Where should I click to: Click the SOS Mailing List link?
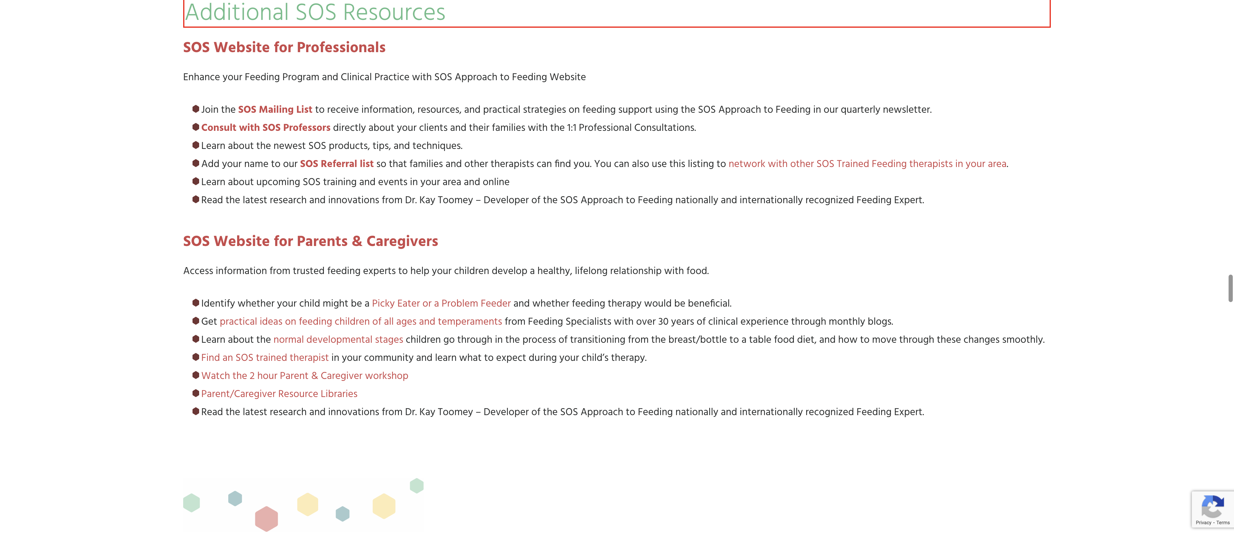275,109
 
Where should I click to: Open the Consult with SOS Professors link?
265,128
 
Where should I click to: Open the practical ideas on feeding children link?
361,322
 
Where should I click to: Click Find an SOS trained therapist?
265,358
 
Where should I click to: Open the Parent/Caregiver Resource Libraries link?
279,394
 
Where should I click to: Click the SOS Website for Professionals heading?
284,47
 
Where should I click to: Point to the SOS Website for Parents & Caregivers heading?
310,241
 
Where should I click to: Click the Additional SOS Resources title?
315,12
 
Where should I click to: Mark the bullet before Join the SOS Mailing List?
196,109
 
